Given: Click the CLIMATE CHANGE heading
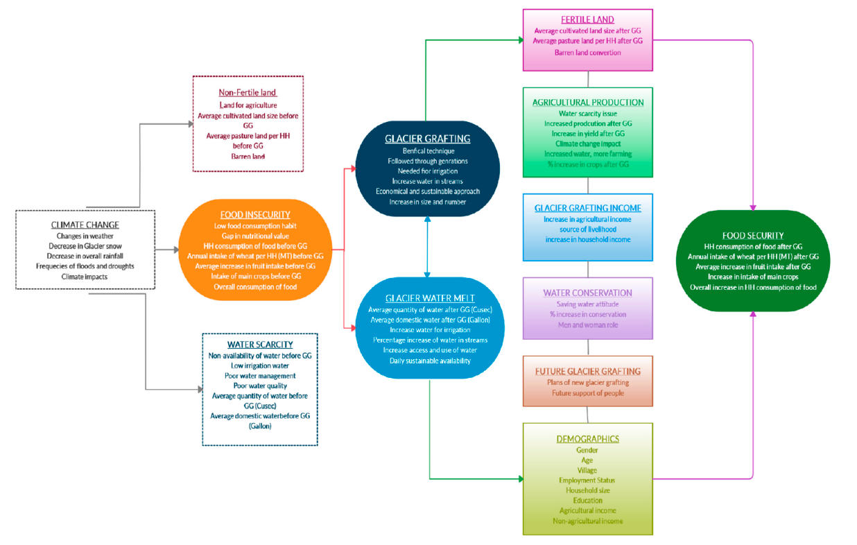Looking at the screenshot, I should [85, 225].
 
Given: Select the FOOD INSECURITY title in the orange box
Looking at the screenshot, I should [254, 215].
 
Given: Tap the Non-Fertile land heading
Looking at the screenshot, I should [248, 92].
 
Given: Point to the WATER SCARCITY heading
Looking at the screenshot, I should [259, 345].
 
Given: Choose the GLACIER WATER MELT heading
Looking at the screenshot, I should [430, 298].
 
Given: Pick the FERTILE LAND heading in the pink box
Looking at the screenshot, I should [587, 19].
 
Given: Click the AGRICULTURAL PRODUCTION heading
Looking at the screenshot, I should [587, 102].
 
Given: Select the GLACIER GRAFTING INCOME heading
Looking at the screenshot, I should [587, 208].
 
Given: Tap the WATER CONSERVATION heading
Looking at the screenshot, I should [587, 293].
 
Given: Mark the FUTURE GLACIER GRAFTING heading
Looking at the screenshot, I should [587, 372].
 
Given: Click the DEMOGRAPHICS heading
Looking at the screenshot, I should [587, 439].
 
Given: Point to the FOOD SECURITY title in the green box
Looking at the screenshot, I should [752, 234].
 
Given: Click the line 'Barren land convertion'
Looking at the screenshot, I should [587, 52].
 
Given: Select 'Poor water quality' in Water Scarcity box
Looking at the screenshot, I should [259, 386].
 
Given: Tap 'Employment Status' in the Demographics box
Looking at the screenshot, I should [587, 480].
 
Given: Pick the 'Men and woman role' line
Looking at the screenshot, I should [587, 325].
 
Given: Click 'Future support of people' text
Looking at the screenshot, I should [587, 393].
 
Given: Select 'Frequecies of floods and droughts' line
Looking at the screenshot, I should [85, 266].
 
